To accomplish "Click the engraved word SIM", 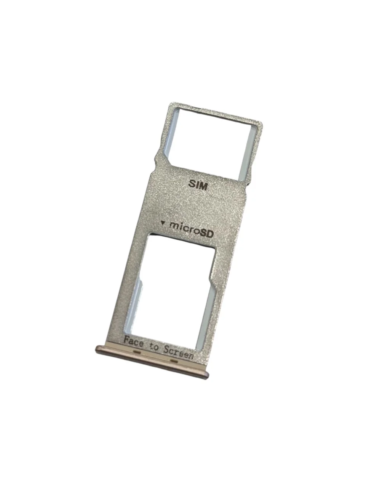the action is tap(198, 185).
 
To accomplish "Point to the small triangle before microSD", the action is tap(163, 223).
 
